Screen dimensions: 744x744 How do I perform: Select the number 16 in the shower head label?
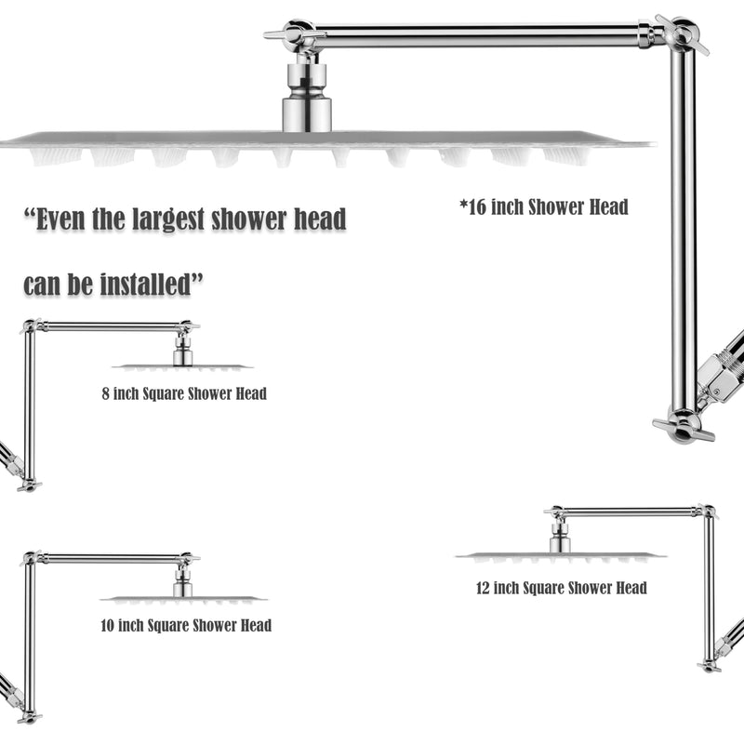pos(476,207)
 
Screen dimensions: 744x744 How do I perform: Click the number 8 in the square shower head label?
pos(105,393)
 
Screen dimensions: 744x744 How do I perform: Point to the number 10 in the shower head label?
pos(107,625)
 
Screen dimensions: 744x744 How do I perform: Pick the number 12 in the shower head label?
pos(483,588)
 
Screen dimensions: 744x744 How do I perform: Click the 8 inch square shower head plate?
pos(182,366)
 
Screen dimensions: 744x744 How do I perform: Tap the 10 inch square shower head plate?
pos(183,599)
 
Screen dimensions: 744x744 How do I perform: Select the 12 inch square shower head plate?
pos(561,555)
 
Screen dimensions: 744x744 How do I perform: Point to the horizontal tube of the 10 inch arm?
pos(113,560)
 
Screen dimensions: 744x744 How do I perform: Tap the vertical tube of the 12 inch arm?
pos(709,589)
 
